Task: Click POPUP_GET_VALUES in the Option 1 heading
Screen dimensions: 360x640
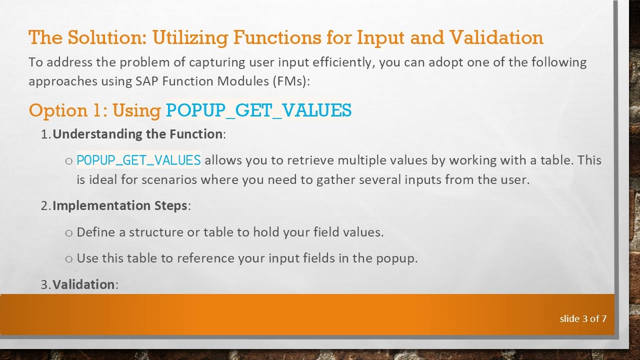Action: click(x=258, y=110)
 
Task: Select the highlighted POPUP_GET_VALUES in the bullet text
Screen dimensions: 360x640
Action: click(x=138, y=160)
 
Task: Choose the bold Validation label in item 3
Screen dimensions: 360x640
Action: click(x=83, y=284)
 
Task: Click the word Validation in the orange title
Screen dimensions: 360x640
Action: click(x=496, y=37)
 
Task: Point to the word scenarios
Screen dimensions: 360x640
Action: click(x=169, y=179)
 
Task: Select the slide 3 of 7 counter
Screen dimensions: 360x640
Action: click(x=583, y=318)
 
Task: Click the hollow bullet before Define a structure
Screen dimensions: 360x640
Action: click(x=69, y=232)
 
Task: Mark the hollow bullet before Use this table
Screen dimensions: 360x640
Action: click(x=69, y=259)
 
